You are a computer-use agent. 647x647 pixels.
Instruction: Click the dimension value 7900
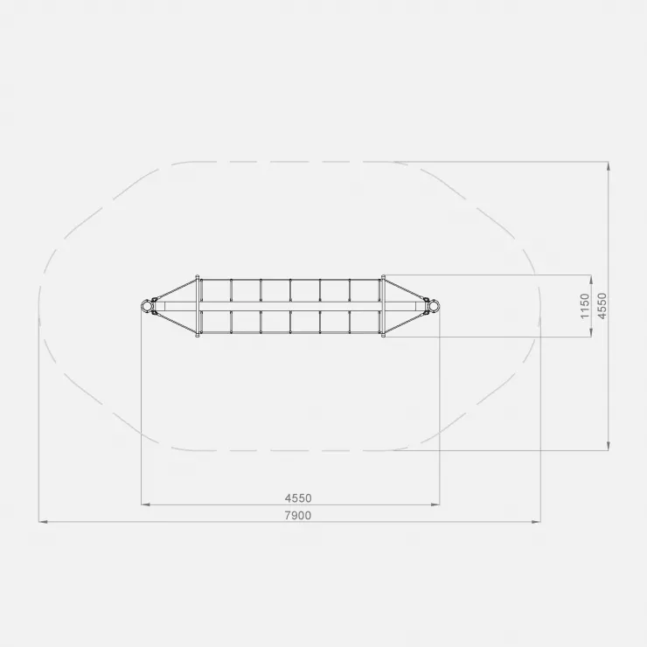coord(298,515)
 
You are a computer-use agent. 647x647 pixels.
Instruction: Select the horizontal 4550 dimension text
coord(298,498)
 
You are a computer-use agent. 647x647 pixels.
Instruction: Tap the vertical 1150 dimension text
coord(585,306)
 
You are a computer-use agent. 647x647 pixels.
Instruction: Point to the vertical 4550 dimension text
coord(602,306)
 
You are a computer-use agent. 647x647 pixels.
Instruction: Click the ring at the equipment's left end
coord(146,306)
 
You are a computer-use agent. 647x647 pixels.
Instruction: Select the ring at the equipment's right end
coord(435,306)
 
